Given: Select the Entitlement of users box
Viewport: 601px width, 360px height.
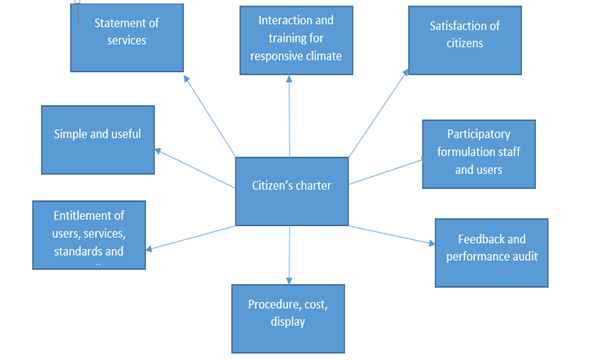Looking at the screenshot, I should pyautogui.click(x=89, y=234).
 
